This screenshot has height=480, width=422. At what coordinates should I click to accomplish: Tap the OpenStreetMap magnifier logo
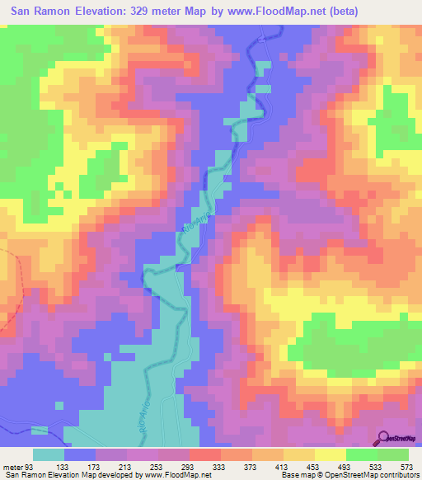(385, 439)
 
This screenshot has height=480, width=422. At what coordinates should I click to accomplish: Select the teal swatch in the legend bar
(49, 455)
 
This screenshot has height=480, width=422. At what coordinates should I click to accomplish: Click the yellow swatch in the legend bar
(330, 455)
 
